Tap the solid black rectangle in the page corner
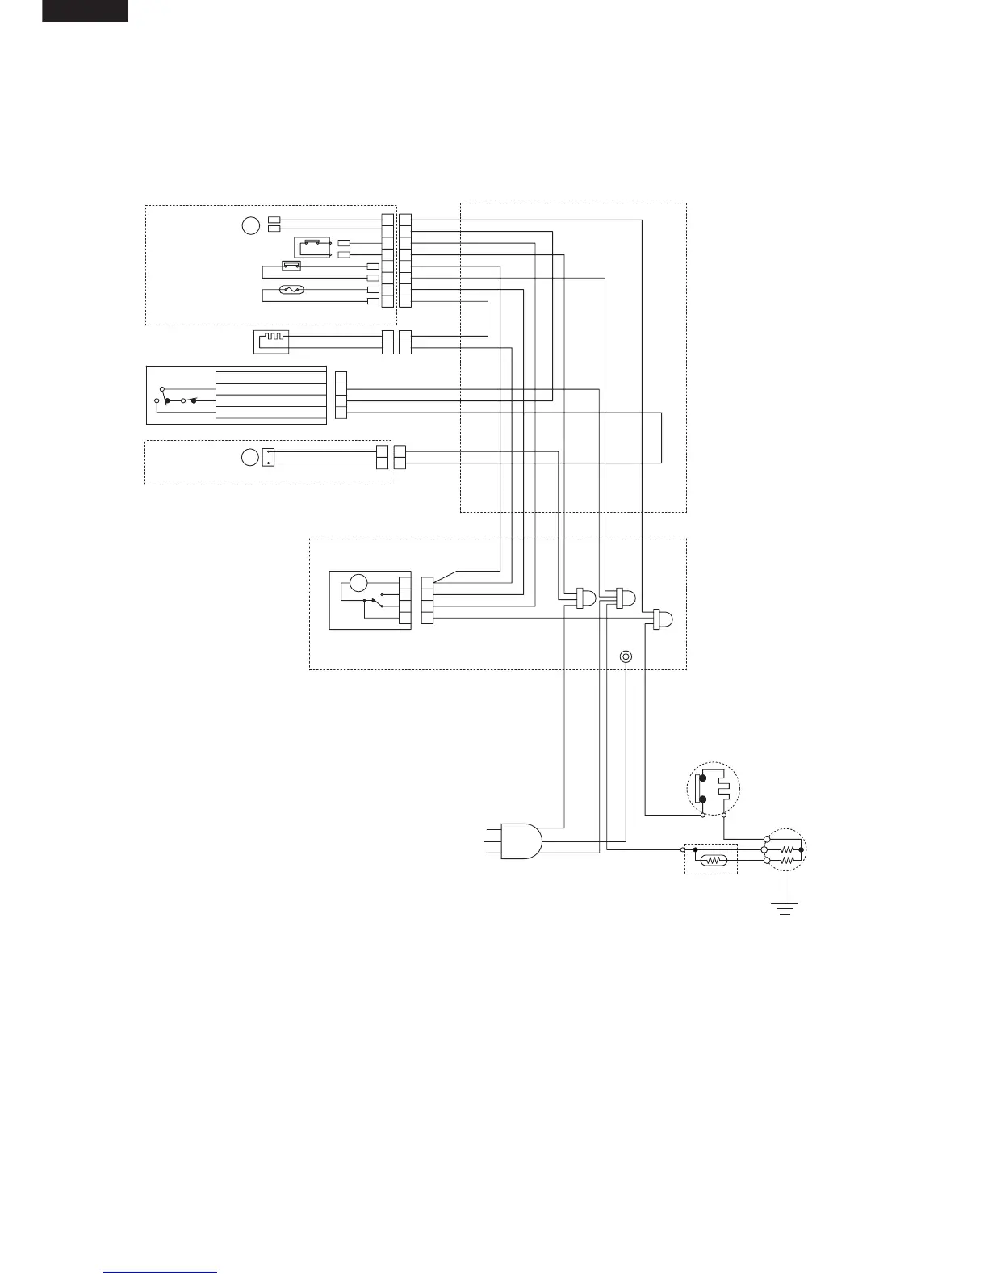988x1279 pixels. coord(85,10)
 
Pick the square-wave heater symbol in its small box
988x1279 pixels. coord(270,342)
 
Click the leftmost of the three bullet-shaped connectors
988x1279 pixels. coord(586,598)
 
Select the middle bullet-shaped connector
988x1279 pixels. coord(626,598)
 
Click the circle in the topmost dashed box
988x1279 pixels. coord(251,225)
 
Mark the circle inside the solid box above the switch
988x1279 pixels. coord(358,582)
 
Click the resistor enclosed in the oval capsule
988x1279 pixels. coord(715,861)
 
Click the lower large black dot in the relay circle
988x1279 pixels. coord(703,799)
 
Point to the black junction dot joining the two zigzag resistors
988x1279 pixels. coord(800,849)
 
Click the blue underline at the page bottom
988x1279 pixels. coord(160,1272)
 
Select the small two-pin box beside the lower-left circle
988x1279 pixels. coord(269,457)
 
